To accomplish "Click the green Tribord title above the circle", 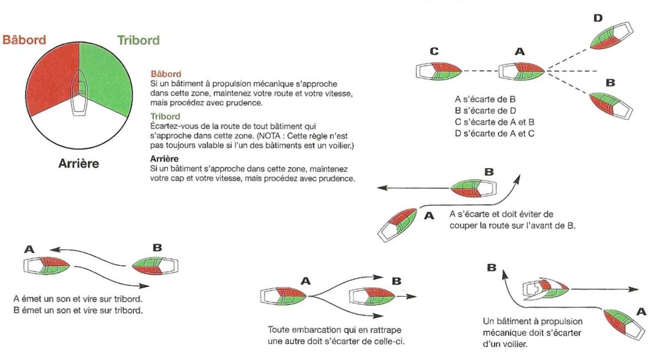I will coord(138,40).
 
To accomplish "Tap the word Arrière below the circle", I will coord(78,163).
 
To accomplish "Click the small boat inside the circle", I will coord(79,92).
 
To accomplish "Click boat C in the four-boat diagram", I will coord(439,71).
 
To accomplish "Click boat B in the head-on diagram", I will coord(155,266).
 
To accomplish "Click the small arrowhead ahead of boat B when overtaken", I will coord(413,297).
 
